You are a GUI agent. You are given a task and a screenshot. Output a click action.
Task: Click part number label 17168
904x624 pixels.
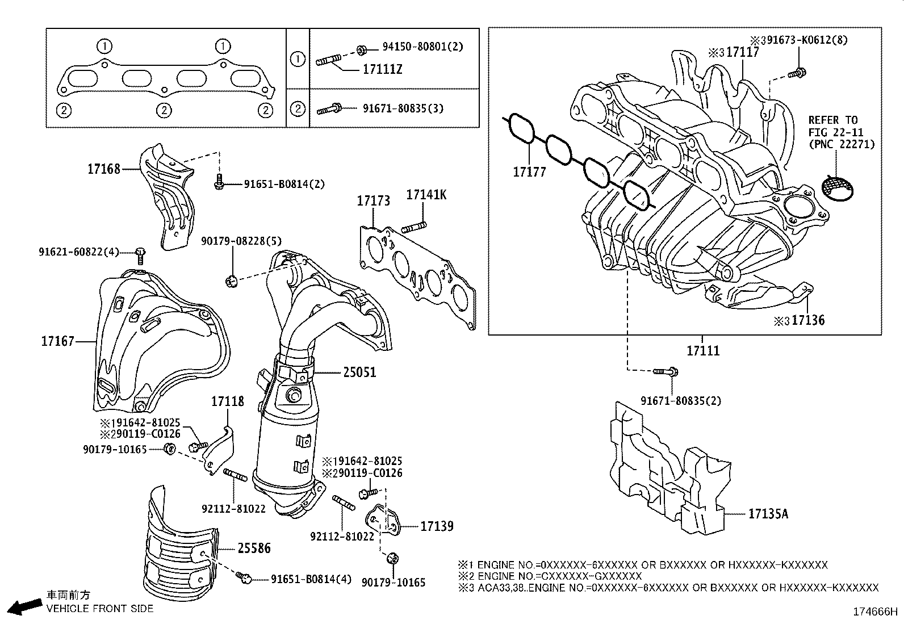tap(104, 169)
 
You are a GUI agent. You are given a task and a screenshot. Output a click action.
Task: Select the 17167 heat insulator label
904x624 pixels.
tap(57, 341)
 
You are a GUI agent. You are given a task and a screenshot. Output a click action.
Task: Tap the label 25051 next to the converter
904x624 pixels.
tap(359, 372)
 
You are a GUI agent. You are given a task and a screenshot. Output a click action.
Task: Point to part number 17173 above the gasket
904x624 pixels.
tap(373, 200)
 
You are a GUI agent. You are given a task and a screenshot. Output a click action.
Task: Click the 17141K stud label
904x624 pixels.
tap(426, 195)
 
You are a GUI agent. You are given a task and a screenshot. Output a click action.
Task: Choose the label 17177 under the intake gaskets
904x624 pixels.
tap(529, 171)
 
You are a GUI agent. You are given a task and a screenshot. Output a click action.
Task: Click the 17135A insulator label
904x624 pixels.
tap(768, 514)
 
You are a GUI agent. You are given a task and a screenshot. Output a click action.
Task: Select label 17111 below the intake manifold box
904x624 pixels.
tap(703, 351)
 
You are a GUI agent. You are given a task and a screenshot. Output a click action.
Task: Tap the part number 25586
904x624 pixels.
tap(254, 548)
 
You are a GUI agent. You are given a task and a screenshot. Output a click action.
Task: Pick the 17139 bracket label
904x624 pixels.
tap(437, 526)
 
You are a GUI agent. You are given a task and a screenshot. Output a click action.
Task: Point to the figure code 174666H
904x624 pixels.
tap(875, 612)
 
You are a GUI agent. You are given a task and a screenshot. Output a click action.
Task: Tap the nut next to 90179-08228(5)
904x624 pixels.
tap(231, 279)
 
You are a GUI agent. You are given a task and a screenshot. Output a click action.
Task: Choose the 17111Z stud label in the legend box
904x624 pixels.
tap(382, 70)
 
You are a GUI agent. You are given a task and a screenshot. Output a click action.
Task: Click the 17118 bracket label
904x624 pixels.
tap(228, 401)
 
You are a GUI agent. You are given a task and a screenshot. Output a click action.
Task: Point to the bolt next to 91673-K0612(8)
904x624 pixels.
tap(798, 73)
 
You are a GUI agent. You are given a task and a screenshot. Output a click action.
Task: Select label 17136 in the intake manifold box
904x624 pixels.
tap(808, 320)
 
